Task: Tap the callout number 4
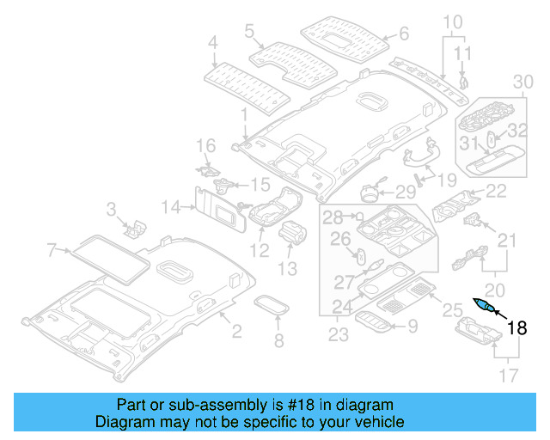coord(212,40)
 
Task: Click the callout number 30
coord(523,82)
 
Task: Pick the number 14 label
coord(172,206)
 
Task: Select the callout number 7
coord(52,250)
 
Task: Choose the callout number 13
coord(286,269)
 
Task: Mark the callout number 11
coord(464,53)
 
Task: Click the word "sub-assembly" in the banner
coord(191,405)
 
